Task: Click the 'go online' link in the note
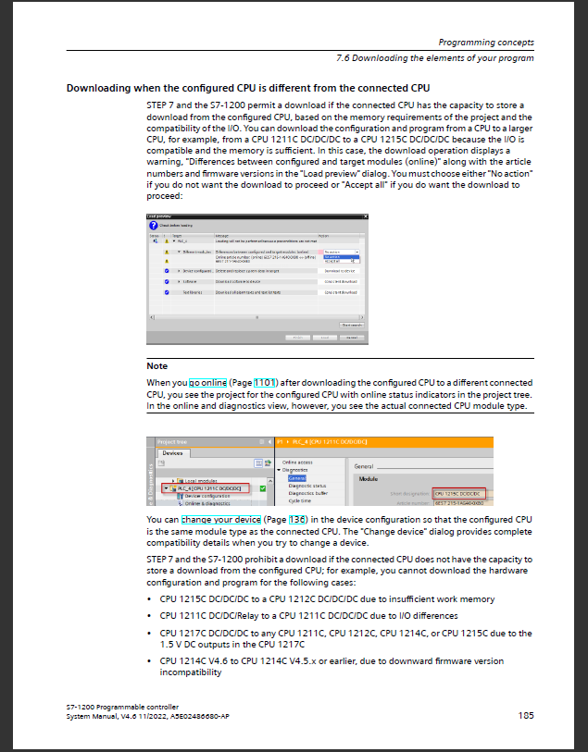click(x=208, y=382)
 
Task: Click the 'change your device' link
click(x=221, y=520)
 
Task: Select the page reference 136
click(x=297, y=520)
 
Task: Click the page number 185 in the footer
click(x=525, y=714)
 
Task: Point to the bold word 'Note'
click(x=156, y=366)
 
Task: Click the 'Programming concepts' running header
click(x=485, y=43)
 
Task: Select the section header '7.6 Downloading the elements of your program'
click(x=434, y=58)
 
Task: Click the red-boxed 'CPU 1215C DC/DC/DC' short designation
click(x=459, y=494)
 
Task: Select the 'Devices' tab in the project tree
click(x=172, y=453)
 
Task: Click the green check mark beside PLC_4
click(x=263, y=487)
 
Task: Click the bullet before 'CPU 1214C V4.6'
click(x=151, y=661)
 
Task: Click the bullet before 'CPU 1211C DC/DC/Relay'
click(x=151, y=616)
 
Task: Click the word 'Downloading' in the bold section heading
click(x=100, y=88)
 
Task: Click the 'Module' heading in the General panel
click(x=369, y=478)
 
